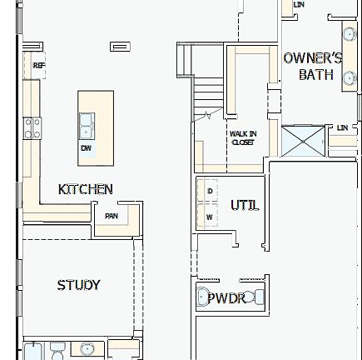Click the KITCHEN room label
(85, 189)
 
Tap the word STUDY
(78, 285)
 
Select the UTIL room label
(244, 204)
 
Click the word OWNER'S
(312, 58)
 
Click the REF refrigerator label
(38, 64)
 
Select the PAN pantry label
(111, 215)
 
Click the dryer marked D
(208, 192)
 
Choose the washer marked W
(208, 217)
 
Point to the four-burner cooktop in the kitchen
(32, 128)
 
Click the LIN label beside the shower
(342, 127)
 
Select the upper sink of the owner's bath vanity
(348, 32)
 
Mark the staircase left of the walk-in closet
(206, 96)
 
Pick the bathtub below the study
(33, 352)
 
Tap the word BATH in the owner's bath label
(316, 75)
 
